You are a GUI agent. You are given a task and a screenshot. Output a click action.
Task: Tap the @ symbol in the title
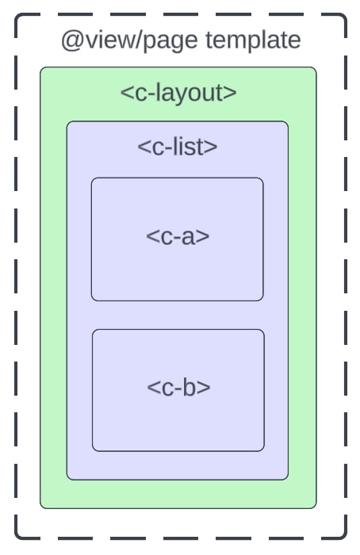click(72, 40)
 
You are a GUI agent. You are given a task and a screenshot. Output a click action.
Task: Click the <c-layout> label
click(178, 93)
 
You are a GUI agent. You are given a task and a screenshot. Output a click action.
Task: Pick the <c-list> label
click(178, 147)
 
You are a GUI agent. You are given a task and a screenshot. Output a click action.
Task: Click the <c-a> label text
click(178, 236)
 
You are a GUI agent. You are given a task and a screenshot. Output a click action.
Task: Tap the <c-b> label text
click(178, 388)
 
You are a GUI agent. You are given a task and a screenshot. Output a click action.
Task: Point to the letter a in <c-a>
click(188, 237)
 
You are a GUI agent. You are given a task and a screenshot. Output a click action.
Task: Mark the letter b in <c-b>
click(190, 388)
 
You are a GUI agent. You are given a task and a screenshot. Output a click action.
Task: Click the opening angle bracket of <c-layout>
click(125, 94)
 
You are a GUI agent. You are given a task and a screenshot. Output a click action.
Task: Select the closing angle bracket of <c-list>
click(212, 147)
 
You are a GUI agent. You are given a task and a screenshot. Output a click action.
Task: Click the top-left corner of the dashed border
click(16, 15)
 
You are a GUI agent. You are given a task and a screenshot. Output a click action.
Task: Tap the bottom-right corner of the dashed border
click(346, 538)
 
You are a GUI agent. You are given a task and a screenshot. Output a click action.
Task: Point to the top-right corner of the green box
click(315, 69)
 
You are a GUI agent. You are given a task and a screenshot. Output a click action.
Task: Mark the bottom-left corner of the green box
click(42, 507)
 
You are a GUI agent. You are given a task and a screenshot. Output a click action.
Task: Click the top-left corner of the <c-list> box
click(68, 123)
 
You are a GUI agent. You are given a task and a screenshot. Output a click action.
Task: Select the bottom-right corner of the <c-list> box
click(286, 478)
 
